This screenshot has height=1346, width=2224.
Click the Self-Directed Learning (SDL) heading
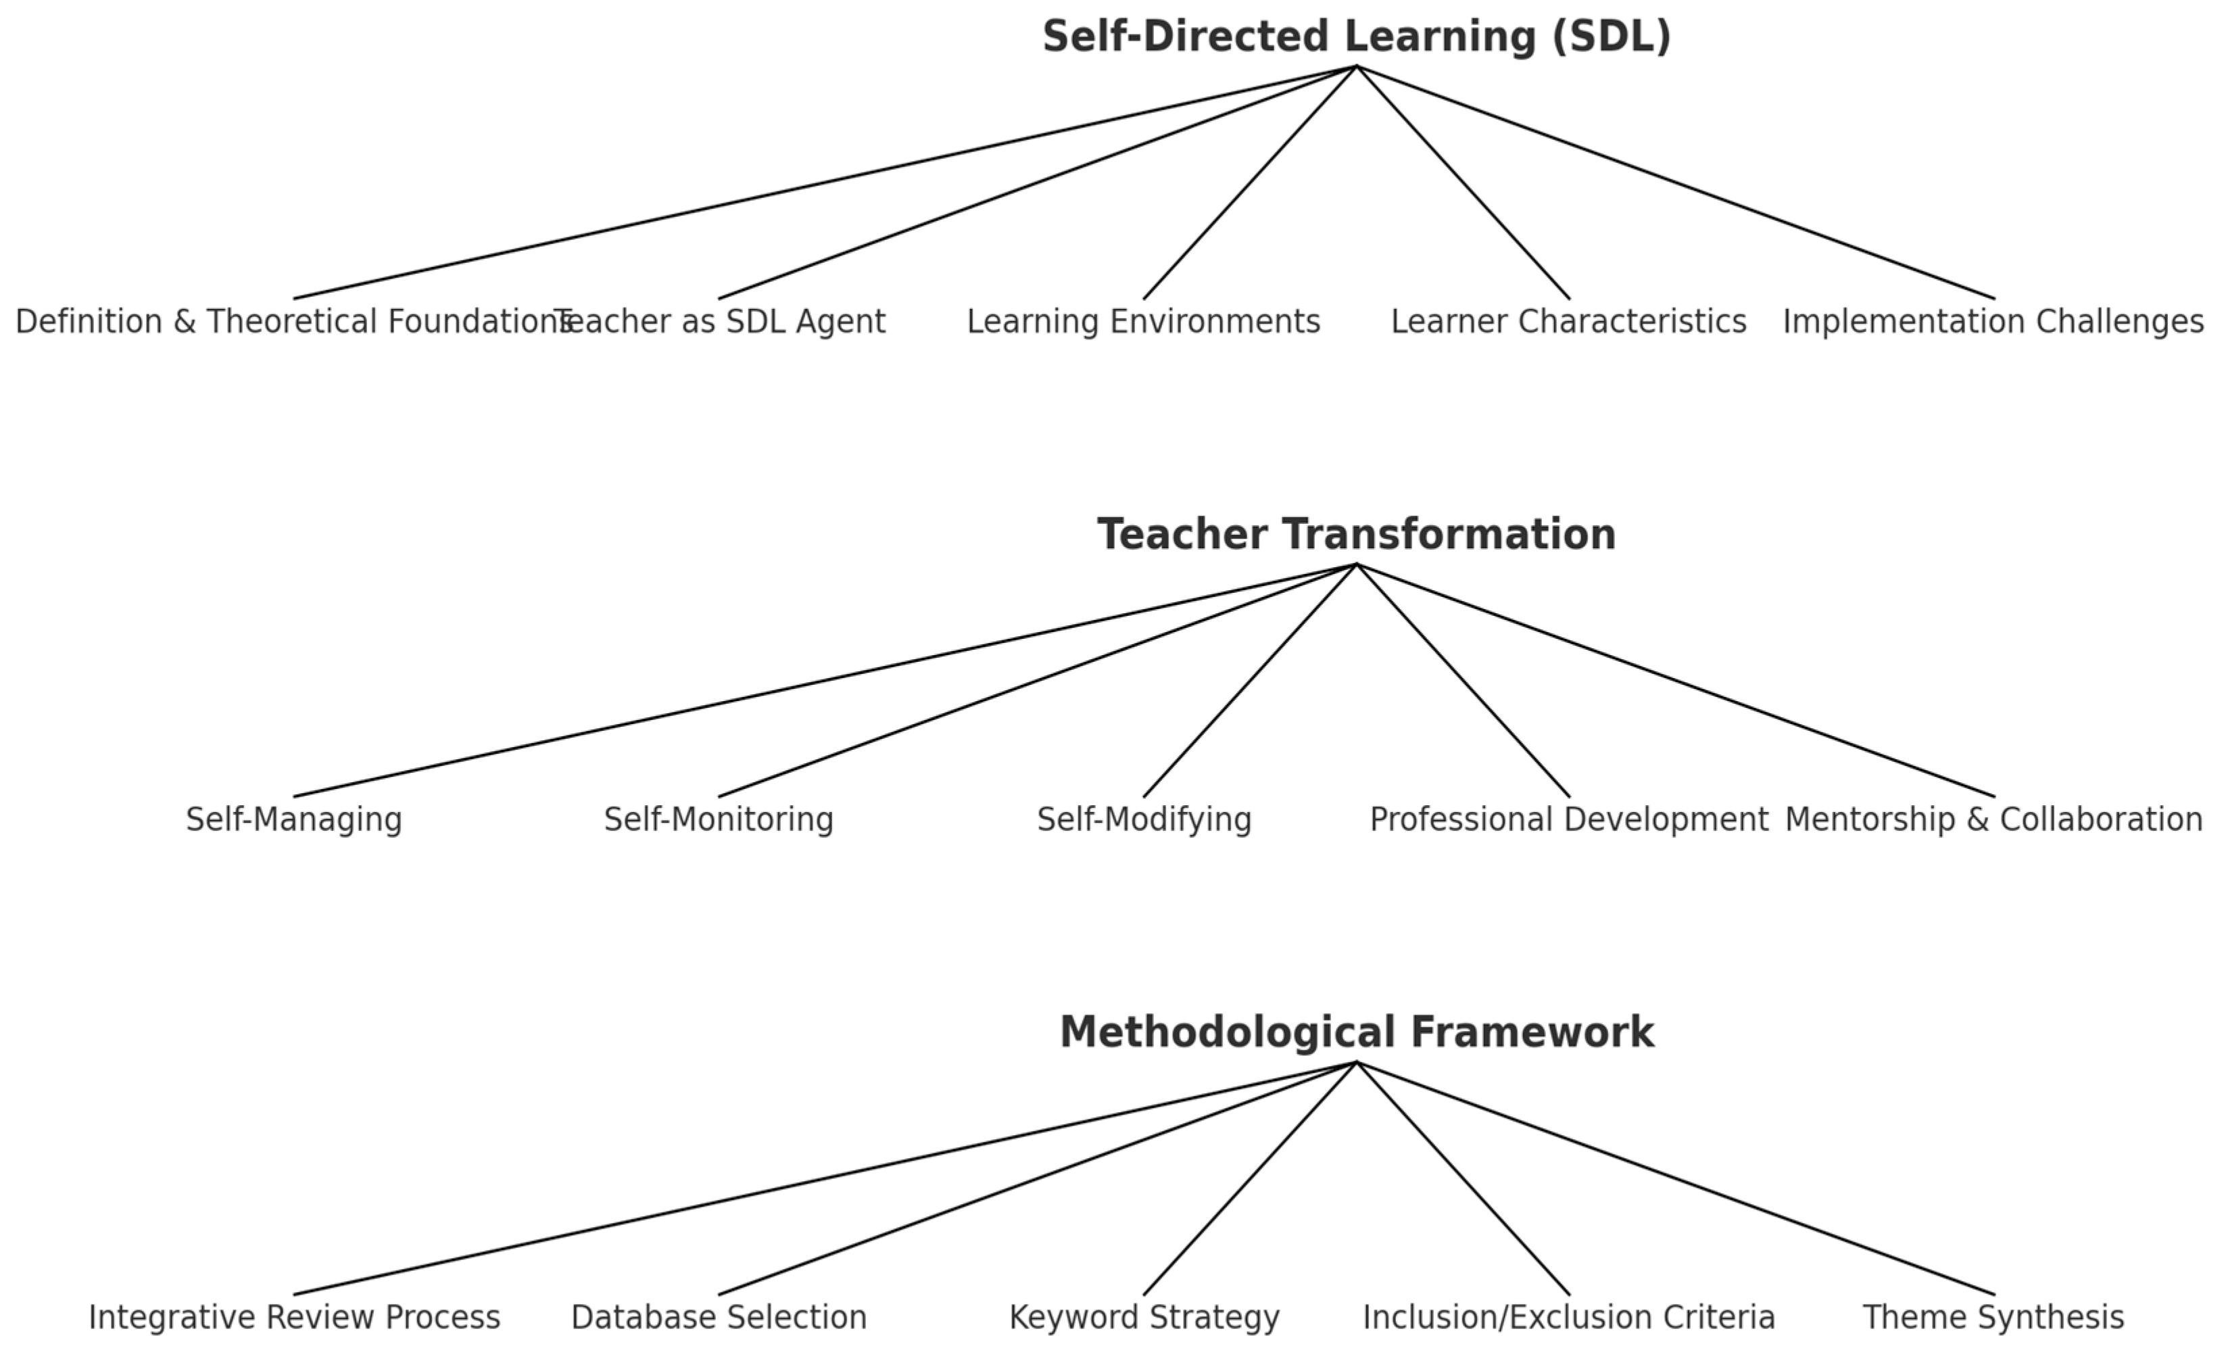click(1356, 37)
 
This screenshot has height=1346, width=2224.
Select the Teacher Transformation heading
click(1356, 535)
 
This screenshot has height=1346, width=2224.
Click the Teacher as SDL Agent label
click(722, 321)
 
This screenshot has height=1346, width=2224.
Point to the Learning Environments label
click(1144, 321)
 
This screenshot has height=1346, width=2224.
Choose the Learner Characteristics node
click(1569, 321)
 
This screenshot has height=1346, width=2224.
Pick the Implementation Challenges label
click(1993, 321)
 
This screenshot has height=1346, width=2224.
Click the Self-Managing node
click(294, 819)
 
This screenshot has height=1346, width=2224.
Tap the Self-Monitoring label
click(719, 819)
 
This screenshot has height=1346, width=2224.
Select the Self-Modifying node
click(1144, 819)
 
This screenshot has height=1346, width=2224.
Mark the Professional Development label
click(1569, 819)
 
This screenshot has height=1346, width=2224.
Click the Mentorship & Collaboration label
click(1993, 819)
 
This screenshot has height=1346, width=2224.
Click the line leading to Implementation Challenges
click(1675, 183)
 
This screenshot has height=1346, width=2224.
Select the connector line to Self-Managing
click(825, 681)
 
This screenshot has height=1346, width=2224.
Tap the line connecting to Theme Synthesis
click(1675, 1178)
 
